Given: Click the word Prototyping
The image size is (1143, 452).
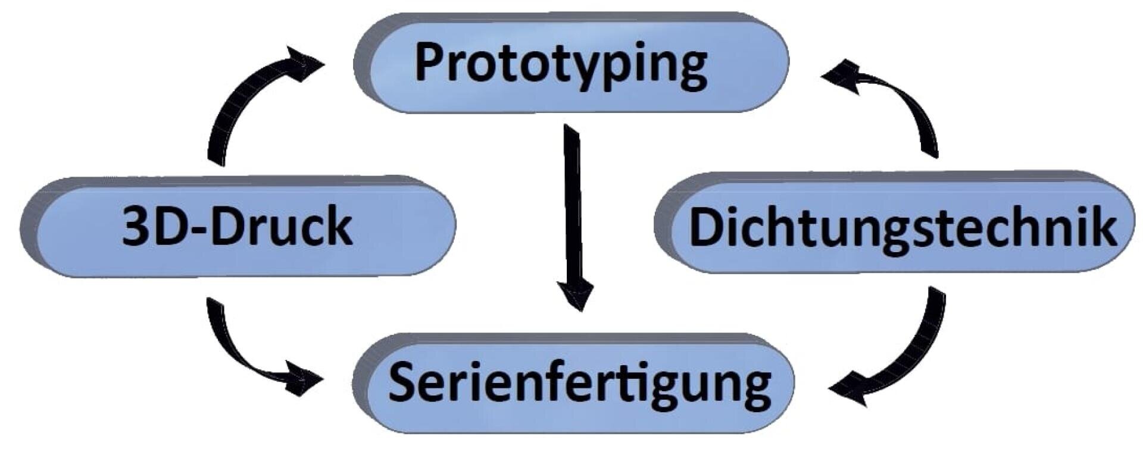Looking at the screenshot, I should (561, 64).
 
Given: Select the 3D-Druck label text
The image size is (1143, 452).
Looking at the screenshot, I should (237, 227).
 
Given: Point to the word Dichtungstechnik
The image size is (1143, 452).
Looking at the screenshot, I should (902, 227).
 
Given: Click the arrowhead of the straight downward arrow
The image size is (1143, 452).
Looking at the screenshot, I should (576, 294).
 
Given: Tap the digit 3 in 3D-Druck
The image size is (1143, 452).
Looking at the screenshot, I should (136, 227).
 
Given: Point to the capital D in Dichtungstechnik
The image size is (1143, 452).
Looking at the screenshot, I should (707, 227).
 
